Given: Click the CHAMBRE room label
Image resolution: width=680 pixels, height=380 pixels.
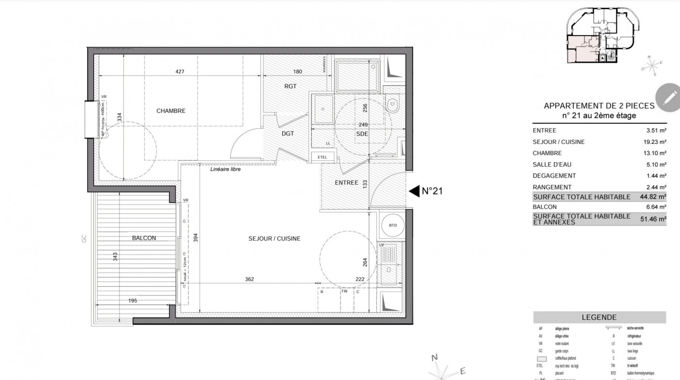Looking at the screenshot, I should point(170,111).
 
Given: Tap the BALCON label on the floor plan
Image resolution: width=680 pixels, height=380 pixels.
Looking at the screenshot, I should point(144,238).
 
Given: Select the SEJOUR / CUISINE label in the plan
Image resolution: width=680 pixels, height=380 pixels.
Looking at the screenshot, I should point(274,239).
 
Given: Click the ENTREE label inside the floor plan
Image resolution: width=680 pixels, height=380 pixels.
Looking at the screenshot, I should point(346,183).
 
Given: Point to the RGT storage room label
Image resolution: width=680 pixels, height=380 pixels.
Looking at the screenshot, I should point(290,86).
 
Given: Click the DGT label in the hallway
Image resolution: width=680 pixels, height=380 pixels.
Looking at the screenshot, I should point(288,134).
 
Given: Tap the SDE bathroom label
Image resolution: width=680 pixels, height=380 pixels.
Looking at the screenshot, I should point(362,134).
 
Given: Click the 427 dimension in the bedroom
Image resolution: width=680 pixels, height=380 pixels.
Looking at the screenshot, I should point(180,72).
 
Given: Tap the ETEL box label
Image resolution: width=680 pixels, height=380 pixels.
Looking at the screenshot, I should point(322,157).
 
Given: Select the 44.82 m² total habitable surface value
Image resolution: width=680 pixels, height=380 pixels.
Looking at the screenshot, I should point(652,197).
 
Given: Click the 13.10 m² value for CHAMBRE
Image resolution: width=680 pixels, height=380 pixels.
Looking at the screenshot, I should point(654,153).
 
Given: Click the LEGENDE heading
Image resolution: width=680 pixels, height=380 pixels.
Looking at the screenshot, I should point(599,317).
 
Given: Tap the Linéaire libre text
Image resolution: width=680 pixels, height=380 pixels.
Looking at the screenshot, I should point(225,170).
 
